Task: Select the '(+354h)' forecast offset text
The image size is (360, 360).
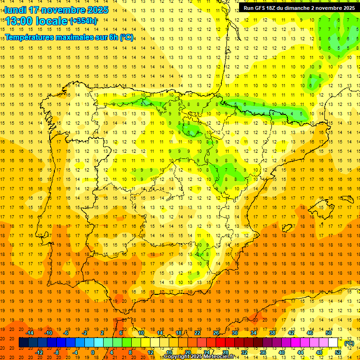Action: point(83,21)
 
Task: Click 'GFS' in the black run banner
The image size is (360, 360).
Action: point(261,7)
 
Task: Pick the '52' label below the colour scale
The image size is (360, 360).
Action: point(338,352)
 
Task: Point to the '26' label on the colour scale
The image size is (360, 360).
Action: point(216,333)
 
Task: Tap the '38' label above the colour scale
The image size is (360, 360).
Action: point(272,333)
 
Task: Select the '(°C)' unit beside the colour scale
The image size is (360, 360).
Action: point(350,343)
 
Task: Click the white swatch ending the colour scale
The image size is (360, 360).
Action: point(333,343)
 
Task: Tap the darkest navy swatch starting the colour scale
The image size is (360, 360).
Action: point(23,343)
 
